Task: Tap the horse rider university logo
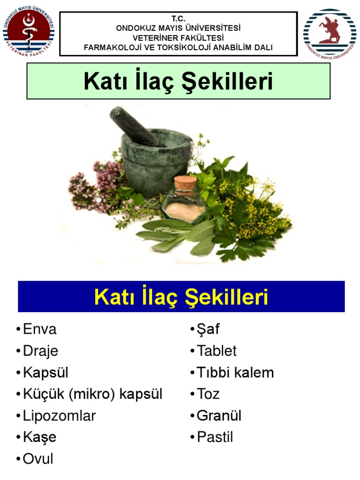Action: [x=330, y=33]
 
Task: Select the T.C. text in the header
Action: [x=178, y=18]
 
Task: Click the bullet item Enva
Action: [x=40, y=330]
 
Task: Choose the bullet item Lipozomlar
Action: [x=60, y=416]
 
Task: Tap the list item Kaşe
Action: [x=40, y=438]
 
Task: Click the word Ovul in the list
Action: [x=38, y=459]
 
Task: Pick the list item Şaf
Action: [x=208, y=330]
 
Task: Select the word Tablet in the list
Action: [x=217, y=351]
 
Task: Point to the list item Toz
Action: [x=208, y=394]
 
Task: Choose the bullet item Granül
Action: [x=219, y=416]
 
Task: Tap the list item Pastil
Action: [x=215, y=437]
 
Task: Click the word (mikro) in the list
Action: [x=92, y=394]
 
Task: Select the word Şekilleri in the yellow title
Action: [x=226, y=297]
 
